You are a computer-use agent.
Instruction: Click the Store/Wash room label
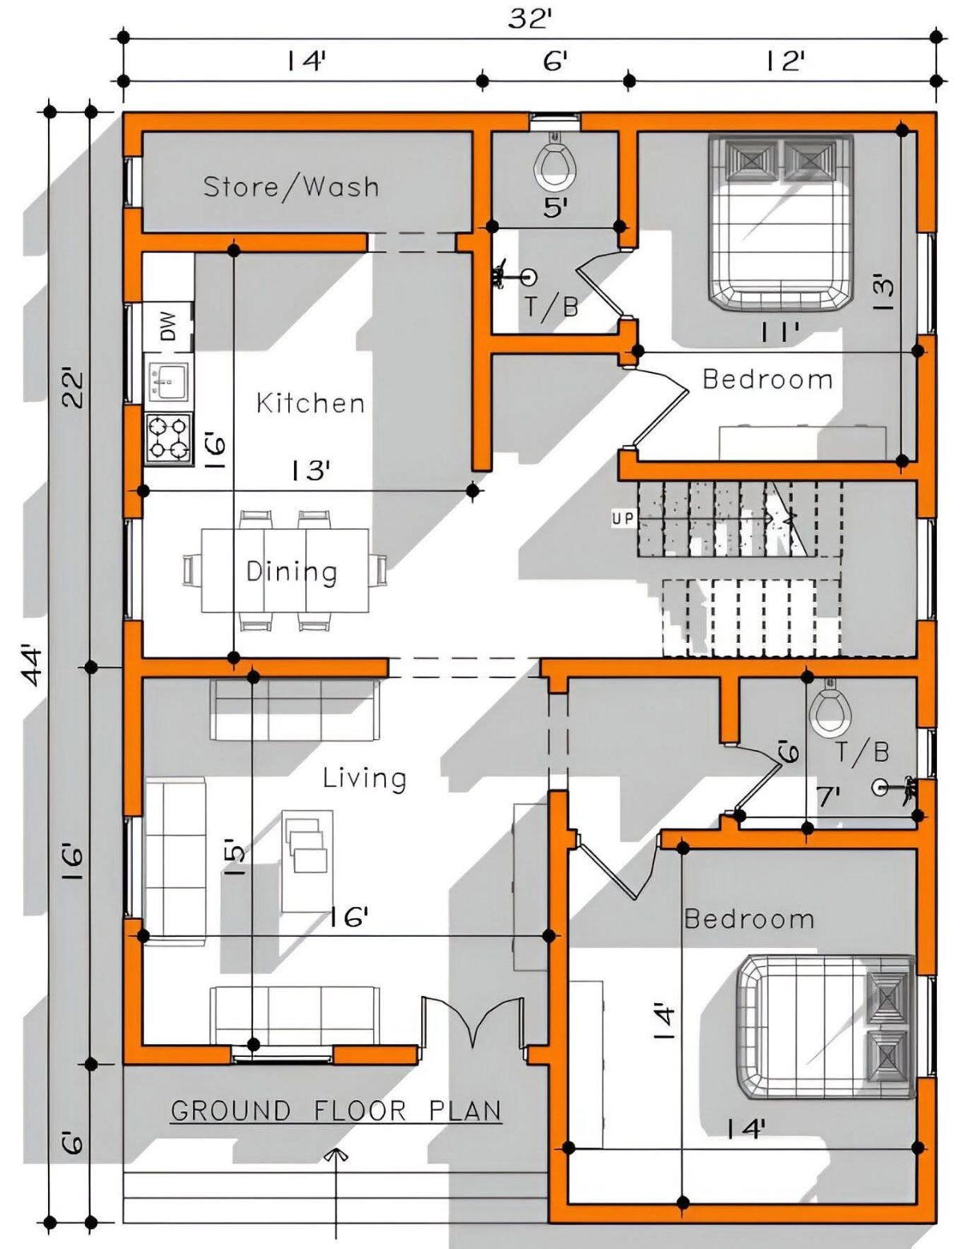291,187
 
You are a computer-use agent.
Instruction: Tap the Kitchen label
311,403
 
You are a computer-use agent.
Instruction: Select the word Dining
292,572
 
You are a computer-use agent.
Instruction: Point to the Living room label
364,778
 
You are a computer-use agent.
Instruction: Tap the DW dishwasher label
168,326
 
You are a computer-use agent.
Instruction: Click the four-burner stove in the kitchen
168,437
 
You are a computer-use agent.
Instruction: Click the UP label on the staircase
622,518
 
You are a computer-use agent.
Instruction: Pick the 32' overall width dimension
529,19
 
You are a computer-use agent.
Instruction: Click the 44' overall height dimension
34,667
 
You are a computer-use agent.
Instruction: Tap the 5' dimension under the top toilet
555,207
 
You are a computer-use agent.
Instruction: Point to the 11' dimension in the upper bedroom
780,332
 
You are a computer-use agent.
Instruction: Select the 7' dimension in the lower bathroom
829,797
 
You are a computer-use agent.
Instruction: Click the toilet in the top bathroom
555,163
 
